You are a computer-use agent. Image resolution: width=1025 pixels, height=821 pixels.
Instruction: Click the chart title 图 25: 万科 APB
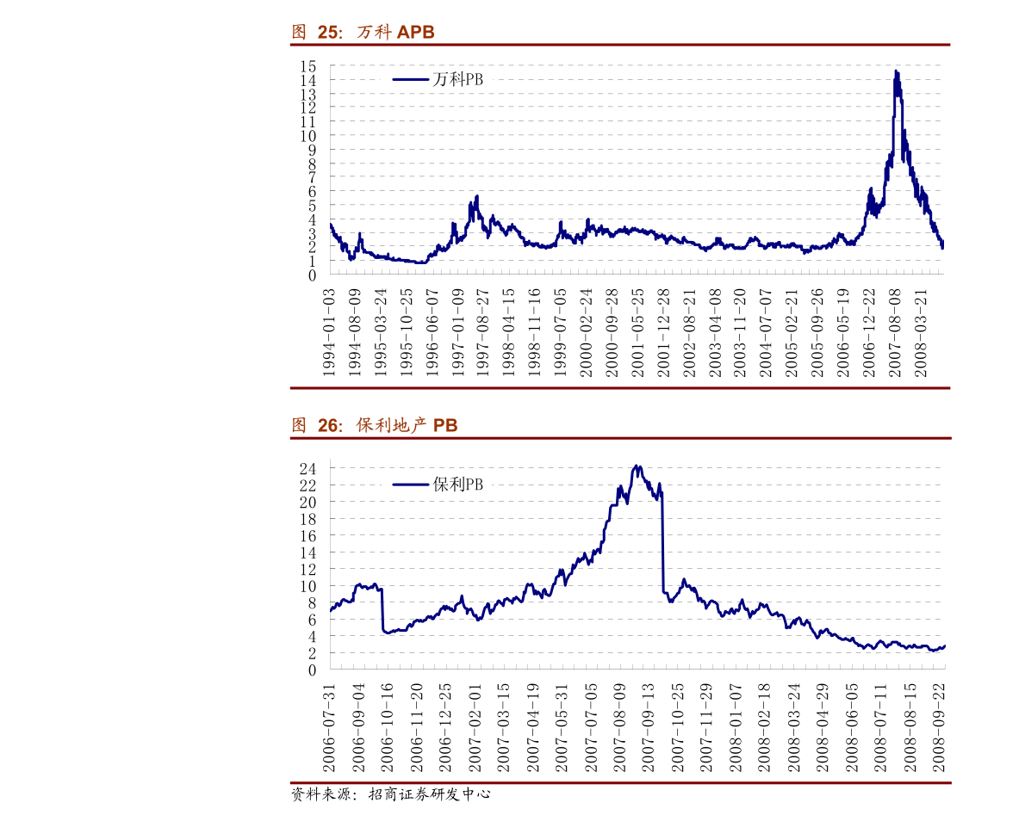point(363,33)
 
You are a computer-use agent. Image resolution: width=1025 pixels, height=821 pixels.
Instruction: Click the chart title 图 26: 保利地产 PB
point(374,425)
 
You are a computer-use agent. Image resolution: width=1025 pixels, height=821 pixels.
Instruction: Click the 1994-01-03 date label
point(328,332)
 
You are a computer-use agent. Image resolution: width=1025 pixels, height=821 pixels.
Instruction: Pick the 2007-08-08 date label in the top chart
point(895,332)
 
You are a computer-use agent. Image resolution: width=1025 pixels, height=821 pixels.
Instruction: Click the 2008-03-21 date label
point(921,332)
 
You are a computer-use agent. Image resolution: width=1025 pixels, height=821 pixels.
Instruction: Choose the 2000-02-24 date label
point(586,332)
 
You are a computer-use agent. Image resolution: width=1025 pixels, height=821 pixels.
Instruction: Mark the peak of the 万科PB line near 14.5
point(896,71)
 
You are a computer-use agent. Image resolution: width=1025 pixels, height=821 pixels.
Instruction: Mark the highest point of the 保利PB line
point(637,466)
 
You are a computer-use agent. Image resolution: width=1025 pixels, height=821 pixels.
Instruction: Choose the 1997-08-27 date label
point(483,332)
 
